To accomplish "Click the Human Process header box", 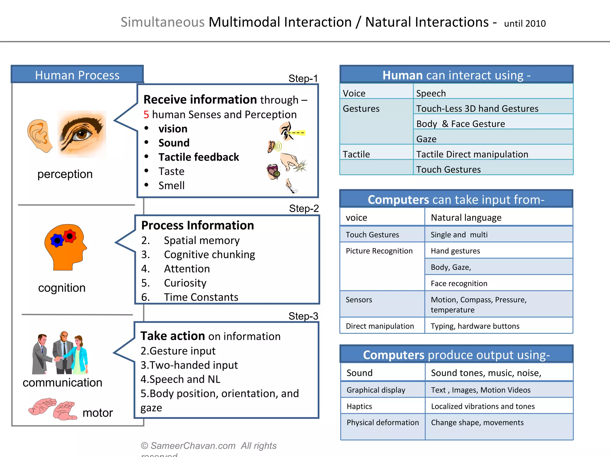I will coord(77,75).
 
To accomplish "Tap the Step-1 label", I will coord(303,79).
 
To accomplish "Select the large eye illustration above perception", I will coord(82,134).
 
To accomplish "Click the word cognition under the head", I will coord(62,288).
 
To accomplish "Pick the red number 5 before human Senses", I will coord(146,115).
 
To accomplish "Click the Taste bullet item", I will coord(171,171).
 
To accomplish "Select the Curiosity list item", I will coord(185,283).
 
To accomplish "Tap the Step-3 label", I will coord(303,316).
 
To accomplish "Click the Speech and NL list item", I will coord(180,379).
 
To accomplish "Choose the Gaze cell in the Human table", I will coord(426,139).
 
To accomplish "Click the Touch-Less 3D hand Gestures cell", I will coord(477,109).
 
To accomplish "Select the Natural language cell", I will coord(466,217).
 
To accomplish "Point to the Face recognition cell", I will coord(459,284).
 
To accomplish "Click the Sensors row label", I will coord(359,300).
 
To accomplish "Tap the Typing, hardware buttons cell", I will coord(475,326).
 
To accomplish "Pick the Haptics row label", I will coord(359,406).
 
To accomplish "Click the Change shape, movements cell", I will coord(477,422).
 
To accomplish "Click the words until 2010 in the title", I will coord(525,24).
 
